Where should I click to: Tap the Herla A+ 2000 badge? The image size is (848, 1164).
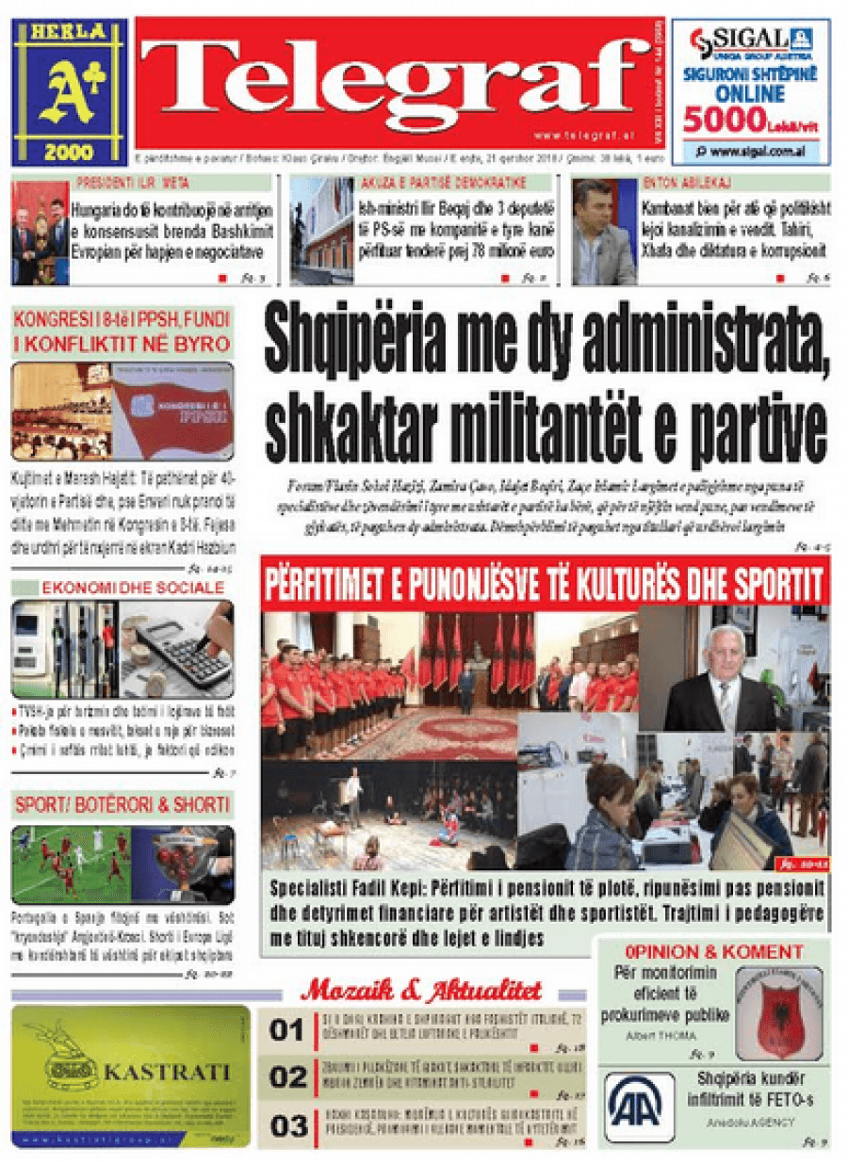pyautogui.click(x=69, y=91)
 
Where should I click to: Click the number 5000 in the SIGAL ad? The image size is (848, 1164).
pyautogui.click(x=726, y=121)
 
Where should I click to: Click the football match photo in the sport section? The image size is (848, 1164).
pyautogui.click(x=70, y=864)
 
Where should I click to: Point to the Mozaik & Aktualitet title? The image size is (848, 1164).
pyautogui.click(x=420, y=990)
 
